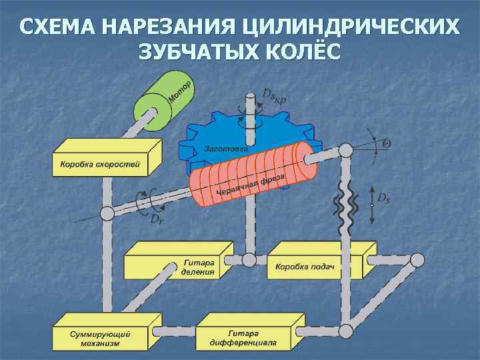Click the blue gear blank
click(x=213, y=133)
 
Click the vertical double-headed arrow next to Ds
click(x=371, y=203)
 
